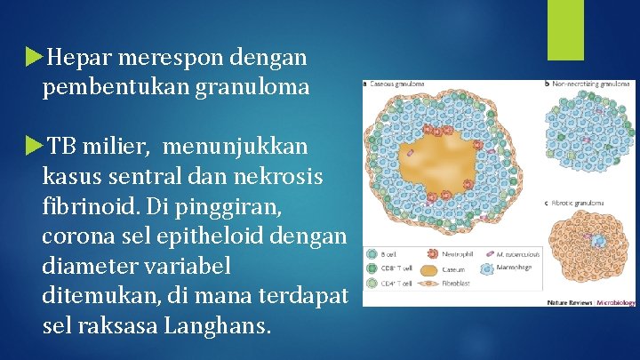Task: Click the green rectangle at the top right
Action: click(565, 29)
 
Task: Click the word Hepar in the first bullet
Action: click(78, 59)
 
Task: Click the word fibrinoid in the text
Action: click(84, 205)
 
